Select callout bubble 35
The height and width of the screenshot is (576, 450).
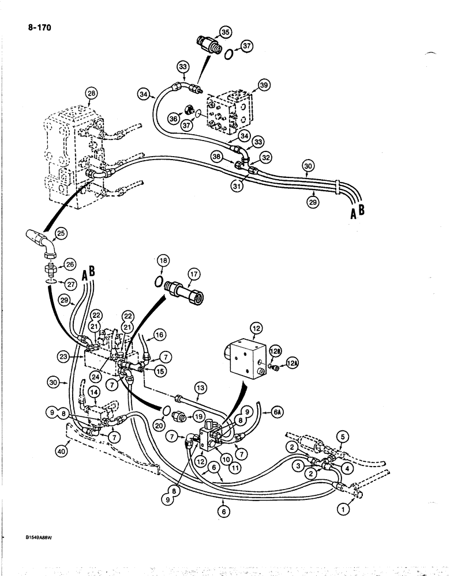224,32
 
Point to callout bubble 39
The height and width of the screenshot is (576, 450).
264,85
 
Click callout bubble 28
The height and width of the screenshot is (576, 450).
89,93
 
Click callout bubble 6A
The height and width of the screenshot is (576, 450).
277,412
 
